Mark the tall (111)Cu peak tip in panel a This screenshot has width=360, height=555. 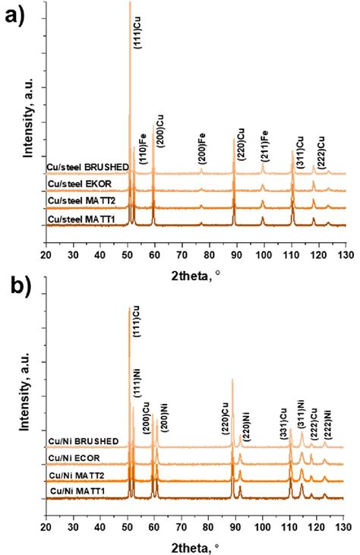[x=130, y=3]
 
